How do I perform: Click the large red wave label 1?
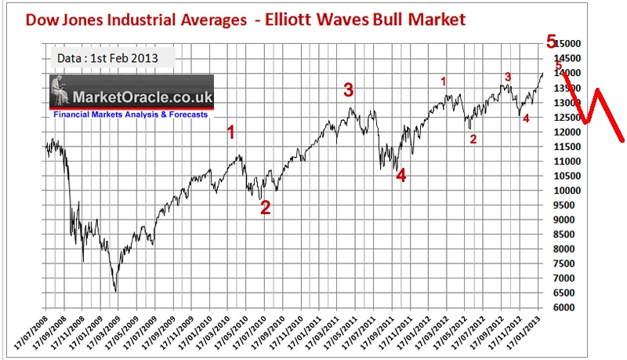[231, 132]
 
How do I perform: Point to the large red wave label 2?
[265, 208]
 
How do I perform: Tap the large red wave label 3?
[349, 89]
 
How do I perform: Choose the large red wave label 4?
[401, 176]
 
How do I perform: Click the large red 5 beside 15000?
[552, 41]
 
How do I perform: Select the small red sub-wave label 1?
[444, 81]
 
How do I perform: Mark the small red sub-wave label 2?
[472, 139]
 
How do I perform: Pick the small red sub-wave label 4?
[526, 118]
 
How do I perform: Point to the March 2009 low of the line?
[116, 291]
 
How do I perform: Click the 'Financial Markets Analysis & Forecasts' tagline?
[131, 115]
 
